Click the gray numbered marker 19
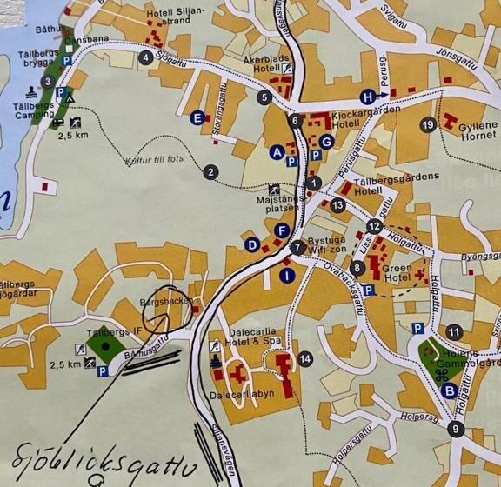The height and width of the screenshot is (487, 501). pyautogui.click(x=427, y=125)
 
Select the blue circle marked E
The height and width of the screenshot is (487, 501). pyautogui.click(x=197, y=117)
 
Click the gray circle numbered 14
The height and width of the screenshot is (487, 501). pyautogui.click(x=304, y=358)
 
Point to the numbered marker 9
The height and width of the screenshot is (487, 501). pyautogui.click(x=454, y=428)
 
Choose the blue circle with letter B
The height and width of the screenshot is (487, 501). pyautogui.click(x=450, y=390)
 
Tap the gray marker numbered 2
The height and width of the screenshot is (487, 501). pyautogui.click(x=210, y=172)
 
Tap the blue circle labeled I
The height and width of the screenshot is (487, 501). pyautogui.click(x=287, y=276)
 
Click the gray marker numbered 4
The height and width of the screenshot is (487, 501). pyautogui.click(x=146, y=58)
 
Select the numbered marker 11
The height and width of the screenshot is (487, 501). pyautogui.click(x=453, y=331)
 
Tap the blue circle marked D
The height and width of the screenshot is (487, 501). pyautogui.click(x=252, y=244)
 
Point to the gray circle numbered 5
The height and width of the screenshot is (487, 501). pyautogui.click(x=264, y=97)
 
